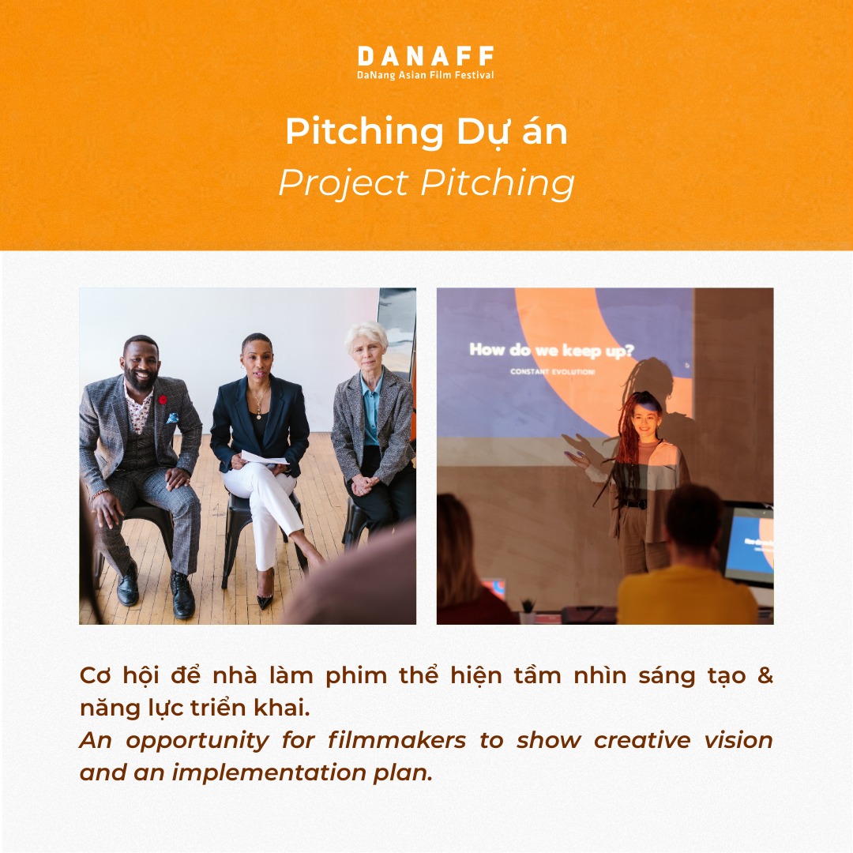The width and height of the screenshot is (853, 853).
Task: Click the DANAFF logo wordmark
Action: click(x=426, y=56)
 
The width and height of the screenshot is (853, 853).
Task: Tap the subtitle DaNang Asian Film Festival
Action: click(x=426, y=75)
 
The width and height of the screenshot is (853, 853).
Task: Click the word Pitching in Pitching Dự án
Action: click(x=364, y=132)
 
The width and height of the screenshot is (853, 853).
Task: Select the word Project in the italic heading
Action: click(x=344, y=183)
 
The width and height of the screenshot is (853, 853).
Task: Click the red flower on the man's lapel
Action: click(x=162, y=400)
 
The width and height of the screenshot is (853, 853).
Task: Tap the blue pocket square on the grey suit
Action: click(x=172, y=419)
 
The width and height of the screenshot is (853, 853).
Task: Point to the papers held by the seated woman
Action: click(x=264, y=457)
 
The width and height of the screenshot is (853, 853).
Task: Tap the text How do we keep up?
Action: click(x=551, y=351)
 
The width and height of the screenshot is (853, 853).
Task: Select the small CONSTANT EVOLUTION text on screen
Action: click(x=552, y=372)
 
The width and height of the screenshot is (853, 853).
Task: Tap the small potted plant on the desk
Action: click(x=527, y=611)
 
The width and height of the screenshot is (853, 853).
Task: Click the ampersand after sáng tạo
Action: click(x=765, y=675)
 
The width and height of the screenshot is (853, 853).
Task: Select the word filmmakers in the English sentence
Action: click(x=396, y=740)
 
